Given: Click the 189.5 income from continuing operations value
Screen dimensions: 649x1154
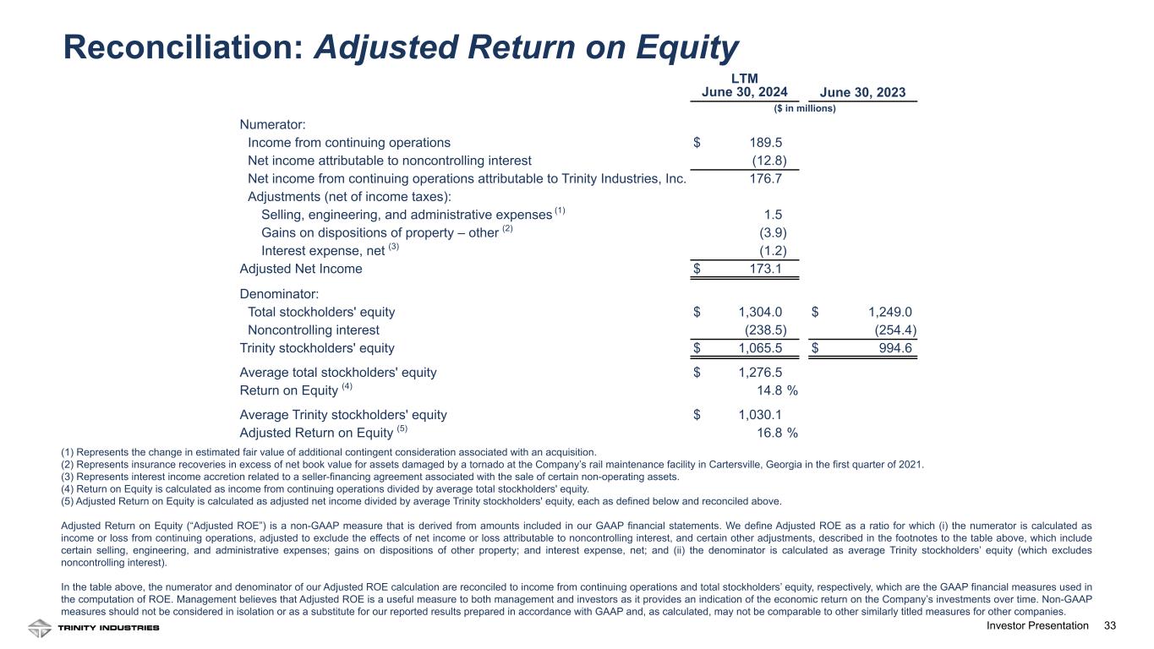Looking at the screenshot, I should (x=765, y=143).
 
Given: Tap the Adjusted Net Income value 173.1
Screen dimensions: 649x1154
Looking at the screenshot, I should (x=765, y=269).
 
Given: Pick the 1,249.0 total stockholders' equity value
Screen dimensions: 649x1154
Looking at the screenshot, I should (x=890, y=312).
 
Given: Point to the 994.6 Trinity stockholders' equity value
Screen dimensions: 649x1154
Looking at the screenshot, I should (x=895, y=348).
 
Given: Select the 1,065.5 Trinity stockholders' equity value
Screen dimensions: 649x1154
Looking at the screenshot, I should (x=760, y=348).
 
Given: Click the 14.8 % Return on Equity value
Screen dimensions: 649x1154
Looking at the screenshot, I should (x=776, y=390).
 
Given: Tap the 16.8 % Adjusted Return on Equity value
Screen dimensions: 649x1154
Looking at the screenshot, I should (x=776, y=434).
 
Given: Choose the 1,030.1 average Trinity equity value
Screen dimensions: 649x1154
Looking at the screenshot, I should (x=760, y=415).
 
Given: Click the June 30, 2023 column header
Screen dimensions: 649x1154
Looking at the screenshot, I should (x=863, y=93).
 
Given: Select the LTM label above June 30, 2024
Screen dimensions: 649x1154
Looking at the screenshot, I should (x=745, y=78).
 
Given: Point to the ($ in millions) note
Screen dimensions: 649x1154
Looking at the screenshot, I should (x=804, y=109).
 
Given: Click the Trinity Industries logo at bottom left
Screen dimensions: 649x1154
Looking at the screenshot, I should (x=93, y=628).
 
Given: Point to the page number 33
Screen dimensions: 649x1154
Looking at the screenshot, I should (x=1110, y=626).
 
